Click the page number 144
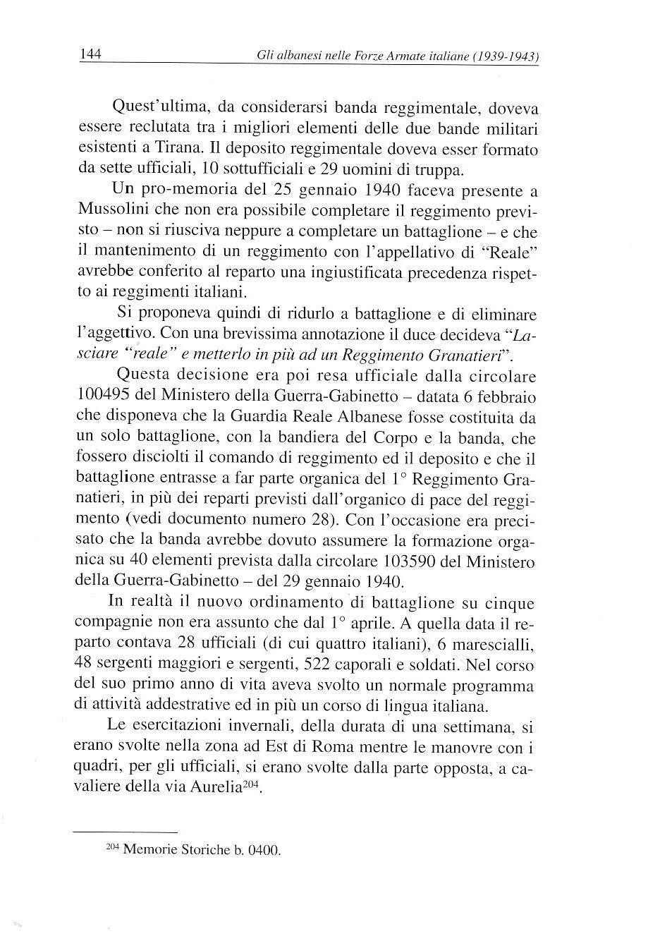[92, 54]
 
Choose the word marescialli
[497, 645]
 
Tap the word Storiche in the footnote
[195, 850]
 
